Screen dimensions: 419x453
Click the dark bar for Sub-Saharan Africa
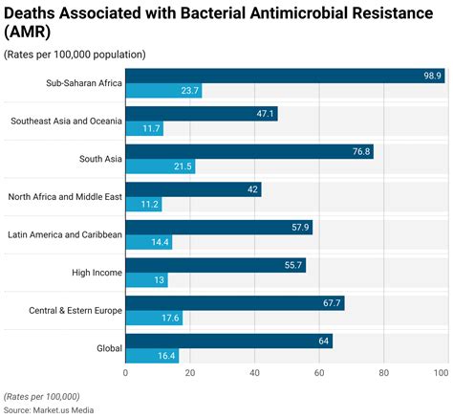tap(285, 76)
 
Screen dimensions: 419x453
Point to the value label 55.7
tap(292, 265)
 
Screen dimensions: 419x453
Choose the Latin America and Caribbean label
tap(65, 234)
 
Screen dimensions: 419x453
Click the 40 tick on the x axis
tap(254, 373)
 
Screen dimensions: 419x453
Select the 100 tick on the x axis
tap(441, 373)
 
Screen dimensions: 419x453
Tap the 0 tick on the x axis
tap(126, 373)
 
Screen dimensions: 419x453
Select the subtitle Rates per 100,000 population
tap(75, 54)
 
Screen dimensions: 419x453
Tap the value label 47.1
tap(264, 113)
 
